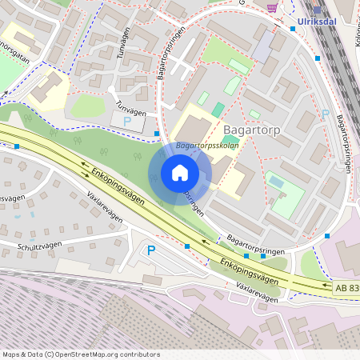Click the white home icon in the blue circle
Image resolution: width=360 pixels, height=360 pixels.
click(x=179, y=173)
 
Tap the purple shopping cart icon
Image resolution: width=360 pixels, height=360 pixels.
click(x=273, y=7)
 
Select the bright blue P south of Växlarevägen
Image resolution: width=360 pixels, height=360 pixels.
click(x=151, y=250)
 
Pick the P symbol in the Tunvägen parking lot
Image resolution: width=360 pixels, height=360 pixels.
click(x=128, y=122)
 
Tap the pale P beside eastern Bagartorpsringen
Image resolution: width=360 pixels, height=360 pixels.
click(x=326, y=114)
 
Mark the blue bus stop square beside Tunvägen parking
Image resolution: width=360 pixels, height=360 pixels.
click(x=158, y=134)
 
